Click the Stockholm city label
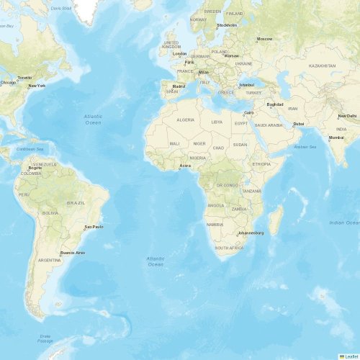(x=227, y=25)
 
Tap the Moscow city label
(x=265, y=38)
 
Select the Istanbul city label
(x=247, y=84)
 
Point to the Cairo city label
(x=249, y=112)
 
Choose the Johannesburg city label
(x=251, y=233)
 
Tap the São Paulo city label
(x=94, y=227)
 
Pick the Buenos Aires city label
(x=72, y=253)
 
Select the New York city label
(x=37, y=86)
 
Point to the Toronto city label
(x=24, y=77)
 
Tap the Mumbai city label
(x=336, y=137)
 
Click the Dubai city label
(x=299, y=124)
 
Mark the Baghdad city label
(x=275, y=104)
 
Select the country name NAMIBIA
(x=215, y=225)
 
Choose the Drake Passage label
(x=46, y=338)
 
